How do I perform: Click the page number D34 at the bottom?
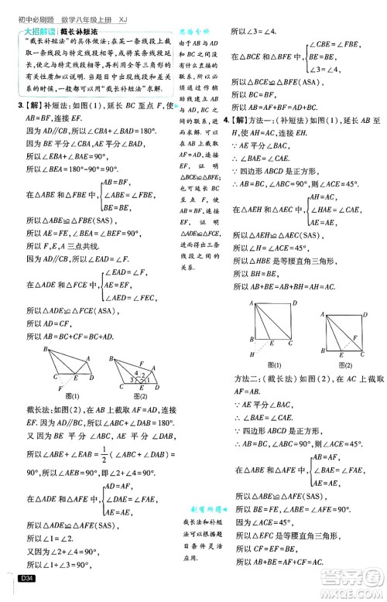tap(26, 577)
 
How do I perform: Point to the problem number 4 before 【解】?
tap(225, 120)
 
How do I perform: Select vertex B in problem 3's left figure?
tap(45, 349)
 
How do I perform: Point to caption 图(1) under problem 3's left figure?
tap(74, 395)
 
